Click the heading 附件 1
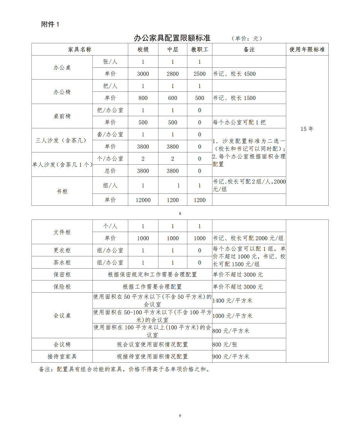[50, 24]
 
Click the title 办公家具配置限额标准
[172, 38]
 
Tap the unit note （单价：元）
[247, 39]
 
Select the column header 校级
[143, 49]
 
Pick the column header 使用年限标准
[307, 49]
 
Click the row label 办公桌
[62, 68]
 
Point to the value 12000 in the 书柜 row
[143, 200]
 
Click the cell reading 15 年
[307, 129]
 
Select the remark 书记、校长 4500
[234, 74]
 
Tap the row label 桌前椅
[62, 116]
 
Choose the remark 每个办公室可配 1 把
[239, 122]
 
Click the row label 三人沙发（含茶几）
[62, 140]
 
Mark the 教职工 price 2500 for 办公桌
[199, 74]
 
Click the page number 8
[180, 214]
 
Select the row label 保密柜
[62, 275]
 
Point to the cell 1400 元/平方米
[232, 301]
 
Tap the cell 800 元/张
[225, 345]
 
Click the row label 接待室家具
[62, 356]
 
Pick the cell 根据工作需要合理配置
[152, 287]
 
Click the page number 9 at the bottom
[180, 416]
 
